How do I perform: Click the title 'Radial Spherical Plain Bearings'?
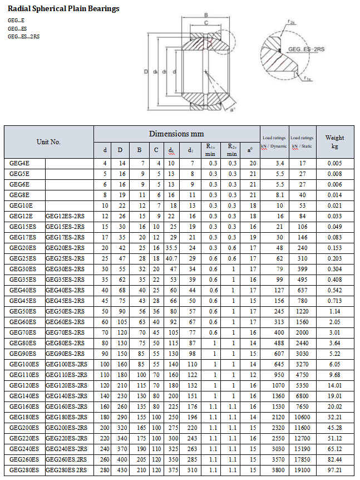(63, 9)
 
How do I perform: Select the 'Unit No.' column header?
(48, 142)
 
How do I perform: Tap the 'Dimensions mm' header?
(176, 134)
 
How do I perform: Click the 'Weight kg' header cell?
(334, 142)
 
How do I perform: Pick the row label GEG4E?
(19, 163)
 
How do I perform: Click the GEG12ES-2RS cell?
(65, 216)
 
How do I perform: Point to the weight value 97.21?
(334, 471)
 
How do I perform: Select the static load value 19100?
(302, 471)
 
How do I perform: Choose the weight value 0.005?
(334, 163)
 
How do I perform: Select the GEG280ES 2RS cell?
(66, 471)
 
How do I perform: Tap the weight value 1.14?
(334, 312)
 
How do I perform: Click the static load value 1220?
(302, 312)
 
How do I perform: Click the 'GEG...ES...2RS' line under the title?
(23, 37)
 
